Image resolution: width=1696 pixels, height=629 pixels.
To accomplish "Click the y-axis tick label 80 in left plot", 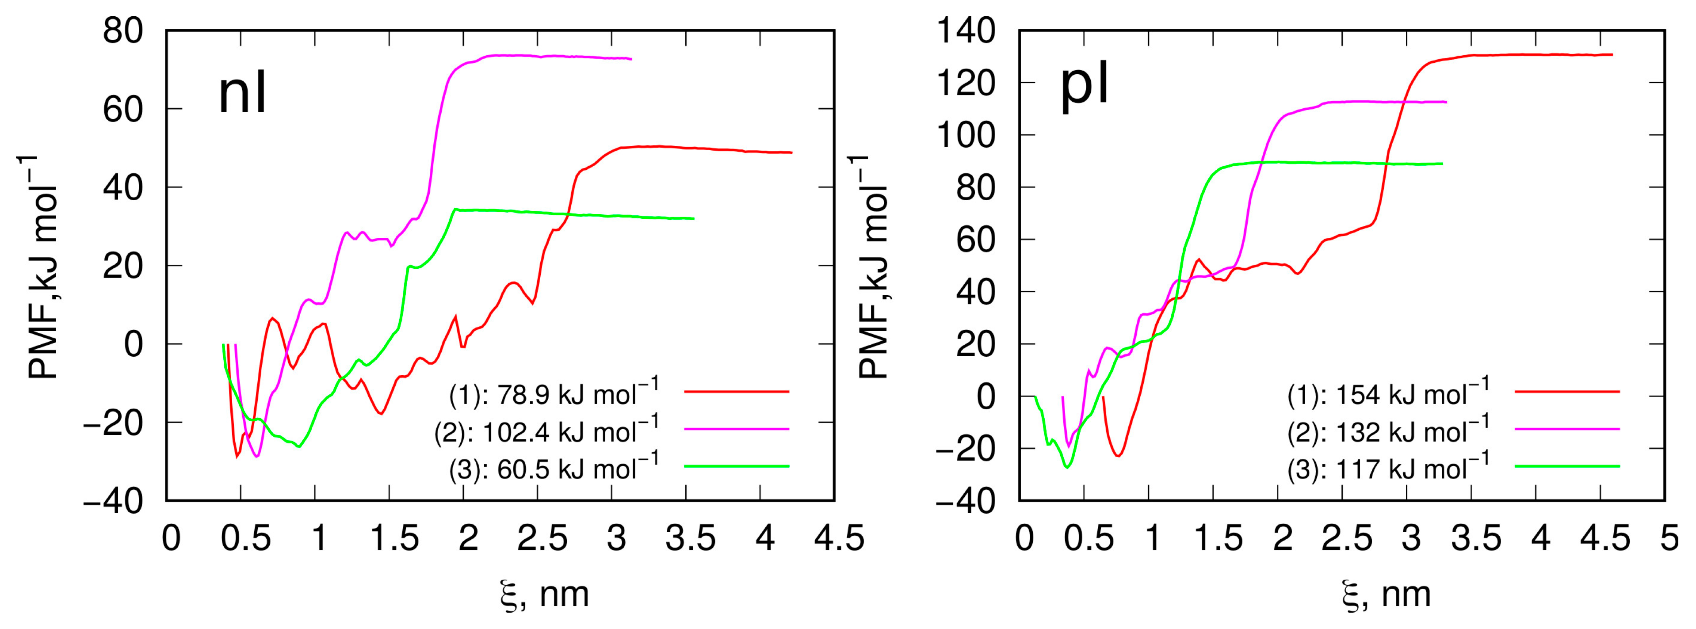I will coord(122,31).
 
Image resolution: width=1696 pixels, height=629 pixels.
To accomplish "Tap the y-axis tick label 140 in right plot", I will coord(966,31).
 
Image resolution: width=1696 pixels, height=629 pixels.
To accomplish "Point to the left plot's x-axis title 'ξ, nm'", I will coord(544,594).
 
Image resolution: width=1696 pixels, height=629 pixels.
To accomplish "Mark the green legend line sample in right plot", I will coord(1566,466).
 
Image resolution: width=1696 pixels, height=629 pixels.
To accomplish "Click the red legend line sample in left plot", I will coord(736,392).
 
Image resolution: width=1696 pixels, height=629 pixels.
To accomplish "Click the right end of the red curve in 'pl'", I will coord(1612,55).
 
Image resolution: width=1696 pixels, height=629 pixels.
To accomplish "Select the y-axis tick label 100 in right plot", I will coord(966,136).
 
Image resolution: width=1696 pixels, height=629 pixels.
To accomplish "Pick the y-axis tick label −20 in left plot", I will coord(113,423).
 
